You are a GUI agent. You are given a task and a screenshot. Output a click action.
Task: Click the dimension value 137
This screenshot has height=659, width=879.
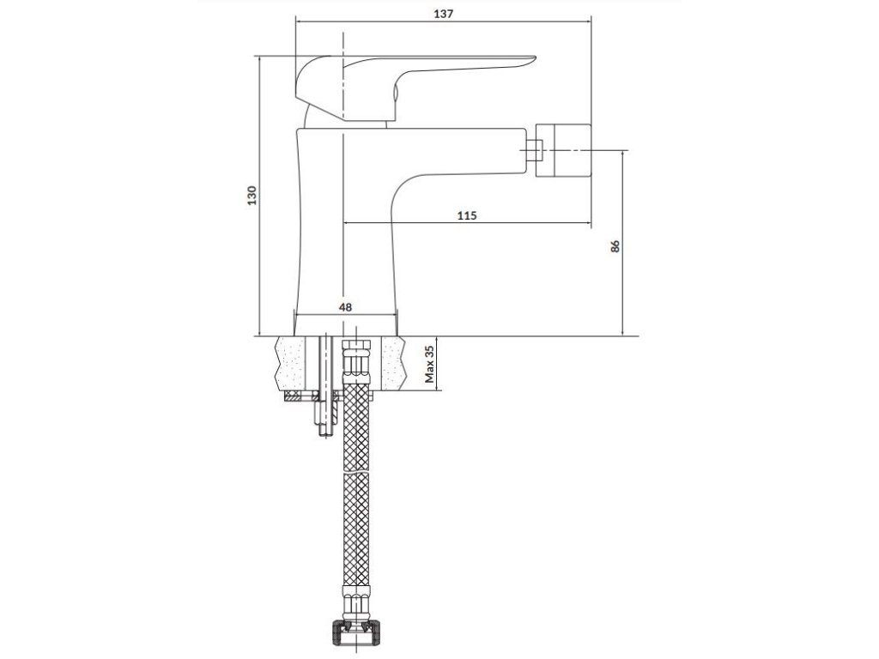(443, 14)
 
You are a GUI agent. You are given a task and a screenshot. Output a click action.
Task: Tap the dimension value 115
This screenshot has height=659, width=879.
(467, 215)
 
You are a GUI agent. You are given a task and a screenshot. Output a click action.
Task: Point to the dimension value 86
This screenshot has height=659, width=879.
(615, 246)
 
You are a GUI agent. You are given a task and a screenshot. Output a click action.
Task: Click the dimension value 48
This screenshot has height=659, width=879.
(345, 306)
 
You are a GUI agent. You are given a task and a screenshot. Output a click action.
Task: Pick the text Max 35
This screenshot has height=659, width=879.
(430, 364)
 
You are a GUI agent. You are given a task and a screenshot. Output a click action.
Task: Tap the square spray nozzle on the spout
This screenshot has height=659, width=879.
(563, 149)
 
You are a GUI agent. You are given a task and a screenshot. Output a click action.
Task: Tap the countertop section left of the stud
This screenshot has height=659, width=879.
(295, 363)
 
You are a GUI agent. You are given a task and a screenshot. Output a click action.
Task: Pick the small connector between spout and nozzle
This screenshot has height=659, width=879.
(533, 149)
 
